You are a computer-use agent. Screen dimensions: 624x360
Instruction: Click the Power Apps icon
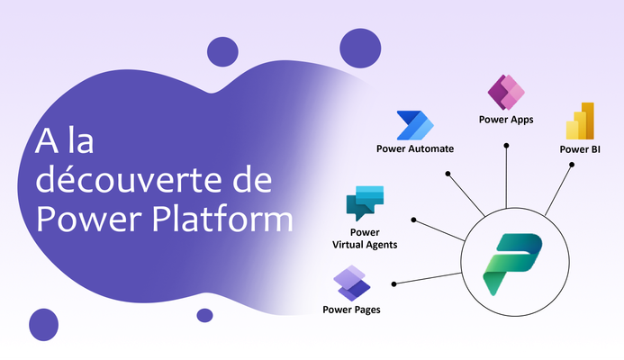click(506, 93)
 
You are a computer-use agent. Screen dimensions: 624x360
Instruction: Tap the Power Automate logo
click(415, 125)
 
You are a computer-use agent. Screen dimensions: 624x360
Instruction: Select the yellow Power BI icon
click(580, 121)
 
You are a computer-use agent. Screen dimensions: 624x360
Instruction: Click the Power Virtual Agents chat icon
click(365, 202)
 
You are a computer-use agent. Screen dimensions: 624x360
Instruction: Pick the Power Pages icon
click(352, 283)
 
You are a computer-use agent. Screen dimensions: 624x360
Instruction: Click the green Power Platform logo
click(512, 264)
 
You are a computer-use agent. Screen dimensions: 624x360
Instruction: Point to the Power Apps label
click(506, 120)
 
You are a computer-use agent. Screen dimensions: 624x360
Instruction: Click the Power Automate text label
click(415, 148)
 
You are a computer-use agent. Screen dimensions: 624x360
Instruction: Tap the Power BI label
click(580, 149)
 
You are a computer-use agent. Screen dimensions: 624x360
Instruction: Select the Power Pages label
click(351, 310)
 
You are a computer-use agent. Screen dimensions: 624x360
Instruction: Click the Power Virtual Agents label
click(365, 238)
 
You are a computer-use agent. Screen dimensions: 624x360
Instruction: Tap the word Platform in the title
click(223, 219)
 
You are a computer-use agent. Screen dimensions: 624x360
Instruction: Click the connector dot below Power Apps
click(506, 146)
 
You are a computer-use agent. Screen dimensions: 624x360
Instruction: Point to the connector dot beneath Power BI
click(572, 165)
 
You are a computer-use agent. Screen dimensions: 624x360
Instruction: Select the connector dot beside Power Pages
click(393, 284)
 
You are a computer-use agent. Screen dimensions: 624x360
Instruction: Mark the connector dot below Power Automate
click(448, 174)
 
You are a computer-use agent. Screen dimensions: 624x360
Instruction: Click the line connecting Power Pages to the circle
click(428, 278)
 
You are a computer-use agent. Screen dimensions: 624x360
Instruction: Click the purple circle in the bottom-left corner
click(44, 325)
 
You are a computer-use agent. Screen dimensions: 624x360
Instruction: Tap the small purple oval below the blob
click(204, 315)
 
